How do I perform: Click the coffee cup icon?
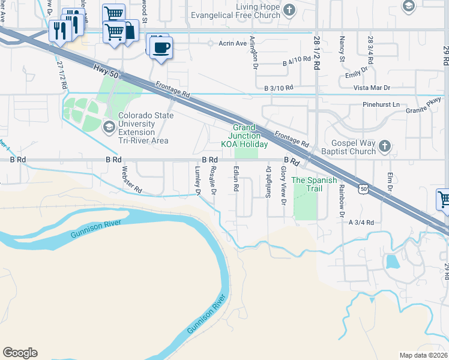pos(160,47)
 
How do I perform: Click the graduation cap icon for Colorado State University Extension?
pos(109,126)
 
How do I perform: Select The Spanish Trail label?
pos(307,184)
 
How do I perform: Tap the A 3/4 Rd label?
pos(361,222)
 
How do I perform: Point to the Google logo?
pos(20,353)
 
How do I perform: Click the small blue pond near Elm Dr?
pos(392,262)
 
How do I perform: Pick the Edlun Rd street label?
pos(237,179)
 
